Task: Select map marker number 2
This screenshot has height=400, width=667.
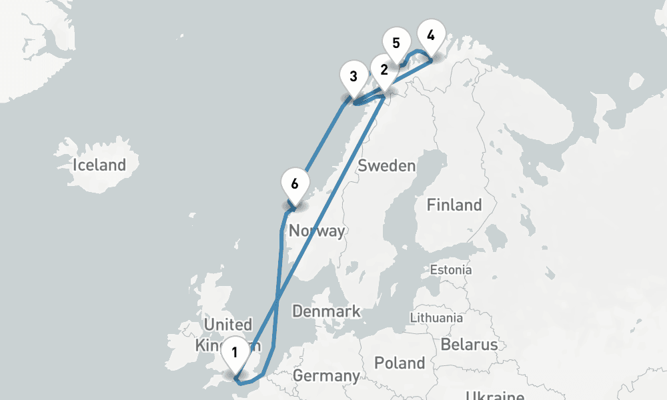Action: (x=384, y=69)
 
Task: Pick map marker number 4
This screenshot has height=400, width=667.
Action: (x=430, y=35)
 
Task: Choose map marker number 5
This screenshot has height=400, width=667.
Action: (x=396, y=43)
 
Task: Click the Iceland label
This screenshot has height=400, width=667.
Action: (x=99, y=165)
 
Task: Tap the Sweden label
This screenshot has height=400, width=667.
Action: (x=387, y=166)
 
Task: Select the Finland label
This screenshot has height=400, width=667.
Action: (x=454, y=205)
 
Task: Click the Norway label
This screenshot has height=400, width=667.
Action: (x=317, y=231)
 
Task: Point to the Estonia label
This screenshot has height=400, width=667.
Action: (x=451, y=270)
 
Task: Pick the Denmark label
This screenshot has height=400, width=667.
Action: (x=326, y=311)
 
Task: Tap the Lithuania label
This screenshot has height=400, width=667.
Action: (x=437, y=317)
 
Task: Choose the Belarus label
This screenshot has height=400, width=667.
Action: (x=469, y=344)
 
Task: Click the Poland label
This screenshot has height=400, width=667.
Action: (x=400, y=363)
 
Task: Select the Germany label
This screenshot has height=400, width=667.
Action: (x=326, y=375)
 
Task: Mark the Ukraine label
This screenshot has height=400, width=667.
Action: (x=494, y=395)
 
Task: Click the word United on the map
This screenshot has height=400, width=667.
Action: (x=227, y=325)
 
